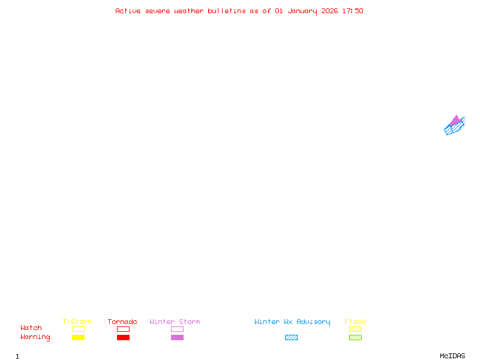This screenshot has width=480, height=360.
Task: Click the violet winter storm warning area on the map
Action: click(x=455, y=121)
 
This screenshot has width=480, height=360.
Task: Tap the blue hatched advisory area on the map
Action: click(x=451, y=129)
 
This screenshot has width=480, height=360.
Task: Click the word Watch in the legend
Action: click(x=31, y=328)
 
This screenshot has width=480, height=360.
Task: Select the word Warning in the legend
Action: click(x=35, y=337)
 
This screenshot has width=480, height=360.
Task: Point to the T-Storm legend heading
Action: click(x=77, y=322)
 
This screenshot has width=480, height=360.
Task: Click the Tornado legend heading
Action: click(x=122, y=322)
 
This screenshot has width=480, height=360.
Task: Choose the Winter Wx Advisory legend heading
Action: click(x=292, y=322)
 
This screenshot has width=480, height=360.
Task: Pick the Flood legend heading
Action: click(x=355, y=322)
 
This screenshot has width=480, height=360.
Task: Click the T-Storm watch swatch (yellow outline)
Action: click(x=78, y=329)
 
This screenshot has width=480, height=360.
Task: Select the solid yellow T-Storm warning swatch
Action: click(x=78, y=337)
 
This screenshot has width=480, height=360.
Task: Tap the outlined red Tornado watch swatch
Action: click(x=123, y=329)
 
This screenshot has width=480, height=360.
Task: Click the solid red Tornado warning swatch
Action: click(x=123, y=337)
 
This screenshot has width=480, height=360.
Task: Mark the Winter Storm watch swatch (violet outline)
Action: click(x=177, y=329)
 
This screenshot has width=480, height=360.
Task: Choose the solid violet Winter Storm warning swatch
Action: click(x=177, y=337)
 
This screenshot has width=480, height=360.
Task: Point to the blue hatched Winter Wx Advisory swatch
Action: click(x=291, y=337)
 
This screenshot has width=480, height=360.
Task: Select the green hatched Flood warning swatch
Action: click(x=355, y=337)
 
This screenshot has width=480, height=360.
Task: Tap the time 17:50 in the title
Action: click(x=353, y=11)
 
